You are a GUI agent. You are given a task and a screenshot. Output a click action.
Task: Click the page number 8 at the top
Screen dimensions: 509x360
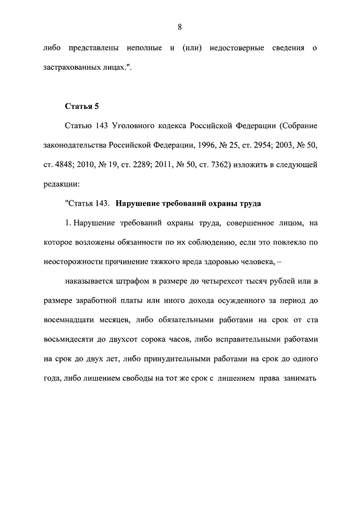click(179, 27)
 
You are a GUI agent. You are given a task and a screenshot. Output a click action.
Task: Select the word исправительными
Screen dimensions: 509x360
click(254, 340)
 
